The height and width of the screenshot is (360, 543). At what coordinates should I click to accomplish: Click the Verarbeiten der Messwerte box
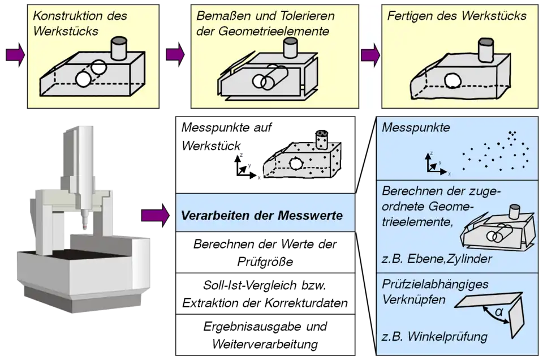coord(266,215)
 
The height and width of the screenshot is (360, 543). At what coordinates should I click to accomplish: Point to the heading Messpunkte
coord(416,128)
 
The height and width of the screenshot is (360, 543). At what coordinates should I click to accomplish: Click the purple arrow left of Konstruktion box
coord(15,54)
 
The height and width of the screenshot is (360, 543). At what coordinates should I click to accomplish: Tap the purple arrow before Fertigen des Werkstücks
coord(370,54)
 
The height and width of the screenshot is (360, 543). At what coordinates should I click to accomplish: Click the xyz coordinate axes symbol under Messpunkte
coord(434,164)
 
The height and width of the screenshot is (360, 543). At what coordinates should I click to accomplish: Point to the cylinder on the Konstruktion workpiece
coord(120,48)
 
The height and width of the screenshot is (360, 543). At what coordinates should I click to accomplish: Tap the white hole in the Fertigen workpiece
coord(452,82)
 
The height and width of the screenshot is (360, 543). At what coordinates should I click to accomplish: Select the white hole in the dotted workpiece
coord(295,164)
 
